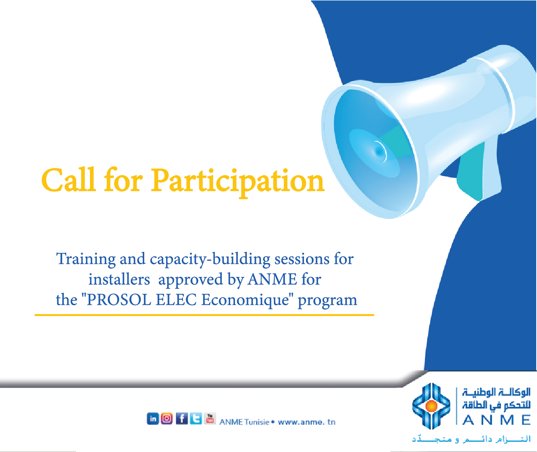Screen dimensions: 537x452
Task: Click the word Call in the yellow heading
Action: pos(68,180)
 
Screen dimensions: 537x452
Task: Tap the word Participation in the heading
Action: pos(237,182)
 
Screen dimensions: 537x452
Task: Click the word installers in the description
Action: pos(119,279)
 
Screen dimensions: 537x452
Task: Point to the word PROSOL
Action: pos(119,300)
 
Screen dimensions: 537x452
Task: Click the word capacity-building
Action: pos(210,259)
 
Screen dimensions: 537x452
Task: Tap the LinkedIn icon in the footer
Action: pos(153,419)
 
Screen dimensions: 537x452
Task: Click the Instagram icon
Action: pos(167,419)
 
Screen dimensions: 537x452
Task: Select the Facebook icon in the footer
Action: pos(182,419)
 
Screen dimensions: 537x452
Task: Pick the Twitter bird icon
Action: pos(196,419)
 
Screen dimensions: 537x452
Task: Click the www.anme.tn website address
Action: pos(307,422)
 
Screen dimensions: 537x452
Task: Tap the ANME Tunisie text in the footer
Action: pos(244,422)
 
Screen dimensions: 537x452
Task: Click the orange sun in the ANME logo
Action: pos(431,406)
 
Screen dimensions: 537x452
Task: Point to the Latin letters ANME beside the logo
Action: pos(496,420)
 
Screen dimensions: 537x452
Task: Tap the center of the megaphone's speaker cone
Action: pos(379,151)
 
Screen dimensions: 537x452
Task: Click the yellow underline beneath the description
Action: pos(204,315)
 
